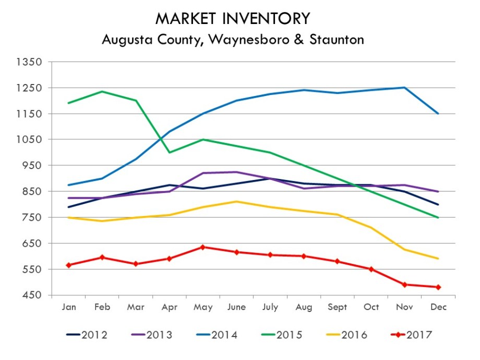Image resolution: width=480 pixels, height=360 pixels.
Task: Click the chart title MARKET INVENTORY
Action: point(233,19)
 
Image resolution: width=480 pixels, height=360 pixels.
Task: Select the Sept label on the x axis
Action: point(338,307)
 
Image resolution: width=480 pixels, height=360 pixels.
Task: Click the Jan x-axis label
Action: point(69,307)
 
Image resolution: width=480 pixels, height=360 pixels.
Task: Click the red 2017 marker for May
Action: point(203,247)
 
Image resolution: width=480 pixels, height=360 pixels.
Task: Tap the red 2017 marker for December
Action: point(438,287)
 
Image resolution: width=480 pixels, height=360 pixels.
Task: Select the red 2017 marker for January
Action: point(69,265)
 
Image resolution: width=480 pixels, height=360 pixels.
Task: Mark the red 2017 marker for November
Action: point(404,284)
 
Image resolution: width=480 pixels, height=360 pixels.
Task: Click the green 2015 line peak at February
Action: point(102,92)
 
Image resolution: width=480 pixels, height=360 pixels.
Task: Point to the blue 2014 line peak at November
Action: point(404,88)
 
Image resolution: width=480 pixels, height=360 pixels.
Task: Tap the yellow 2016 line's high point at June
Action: point(236,201)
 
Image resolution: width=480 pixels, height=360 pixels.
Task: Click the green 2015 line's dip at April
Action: point(170,152)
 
